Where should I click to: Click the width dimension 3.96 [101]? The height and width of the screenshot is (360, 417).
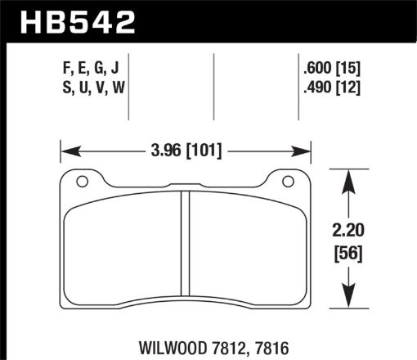(185, 151)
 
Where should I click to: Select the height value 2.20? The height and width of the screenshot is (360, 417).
(350, 231)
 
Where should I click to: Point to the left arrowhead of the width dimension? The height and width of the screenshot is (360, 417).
(66, 151)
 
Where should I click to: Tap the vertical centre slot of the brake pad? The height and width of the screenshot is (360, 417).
(185, 245)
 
